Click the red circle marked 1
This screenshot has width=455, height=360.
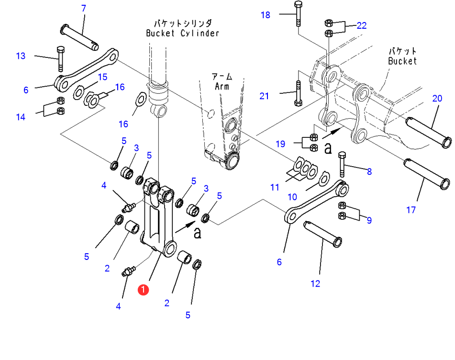tap(143, 290)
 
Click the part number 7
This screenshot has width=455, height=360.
tap(84, 8)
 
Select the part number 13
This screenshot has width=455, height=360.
tap(21, 56)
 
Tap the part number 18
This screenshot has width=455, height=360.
tap(266, 15)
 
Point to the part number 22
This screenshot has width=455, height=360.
tap(362, 25)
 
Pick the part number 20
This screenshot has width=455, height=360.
tap(437, 99)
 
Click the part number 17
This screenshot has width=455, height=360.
tap(411, 210)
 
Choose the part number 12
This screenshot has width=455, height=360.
tap(315, 283)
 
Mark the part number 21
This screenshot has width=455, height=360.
tap(264, 96)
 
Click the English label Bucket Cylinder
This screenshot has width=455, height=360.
tap(182, 33)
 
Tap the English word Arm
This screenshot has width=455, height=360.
tap(222, 86)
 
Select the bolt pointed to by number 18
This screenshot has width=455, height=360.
tap(298, 14)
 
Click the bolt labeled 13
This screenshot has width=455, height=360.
tap(61, 58)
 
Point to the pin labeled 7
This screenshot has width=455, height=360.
tap(79, 38)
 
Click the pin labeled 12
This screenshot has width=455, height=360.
tap(322, 234)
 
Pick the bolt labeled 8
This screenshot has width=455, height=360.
tap(342, 164)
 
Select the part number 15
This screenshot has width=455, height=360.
tap(103, 77)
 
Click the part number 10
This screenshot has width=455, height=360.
tap(292, 197)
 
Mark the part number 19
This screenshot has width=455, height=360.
tap(280, 144)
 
